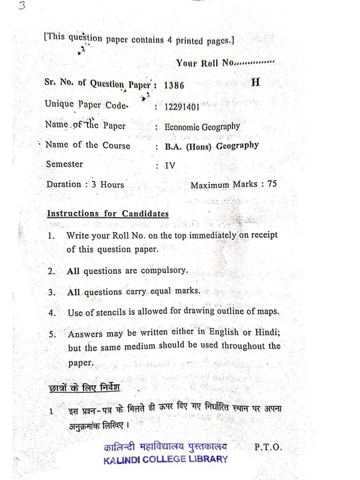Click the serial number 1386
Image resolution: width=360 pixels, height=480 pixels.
[x=174, y=86]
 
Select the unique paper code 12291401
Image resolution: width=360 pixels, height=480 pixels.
[x=182, y=106]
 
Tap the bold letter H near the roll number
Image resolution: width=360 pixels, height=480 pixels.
[x=255, y=83]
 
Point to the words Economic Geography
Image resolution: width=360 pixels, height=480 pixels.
[x=202, y=127]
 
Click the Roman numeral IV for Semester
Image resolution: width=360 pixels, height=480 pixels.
[x=169, y=165]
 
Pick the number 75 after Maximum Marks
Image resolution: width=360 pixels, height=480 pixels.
[x=271, y=184]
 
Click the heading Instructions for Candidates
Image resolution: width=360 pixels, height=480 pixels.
[x=107, y=214]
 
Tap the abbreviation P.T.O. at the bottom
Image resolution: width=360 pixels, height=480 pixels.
[x=268, y=447]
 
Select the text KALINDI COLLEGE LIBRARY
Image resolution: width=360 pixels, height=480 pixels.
[x=165, y=459]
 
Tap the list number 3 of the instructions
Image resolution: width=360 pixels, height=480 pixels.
[x=52, y=292]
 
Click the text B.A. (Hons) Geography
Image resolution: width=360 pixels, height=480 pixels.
[x=211, y=146]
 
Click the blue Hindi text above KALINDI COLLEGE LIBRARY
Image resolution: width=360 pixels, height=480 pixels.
[x=165, y=447]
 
